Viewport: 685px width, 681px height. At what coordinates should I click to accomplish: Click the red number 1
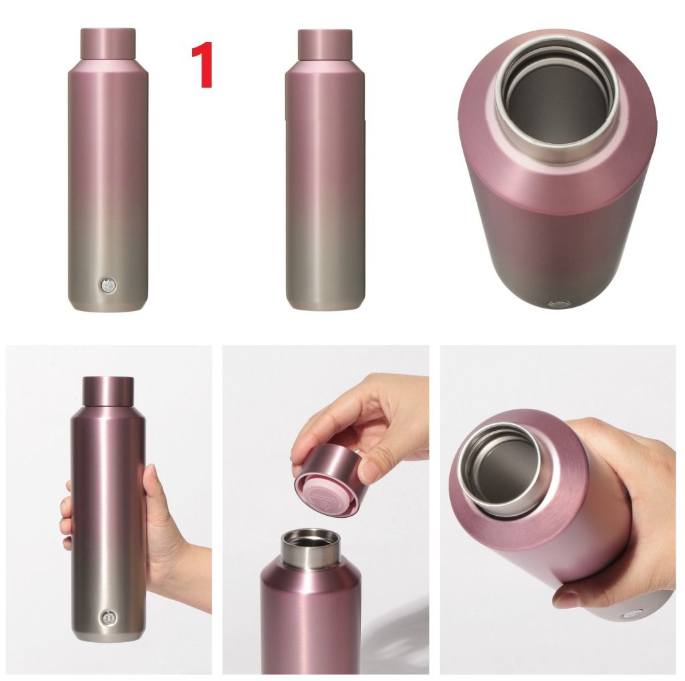pyautogui.click(x=202, y=65)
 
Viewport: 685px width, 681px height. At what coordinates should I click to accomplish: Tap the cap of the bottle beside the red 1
pyautogui.click(x=108, y=43)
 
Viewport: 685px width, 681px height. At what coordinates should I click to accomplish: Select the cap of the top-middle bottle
pyautogui.click(x=325, y=43)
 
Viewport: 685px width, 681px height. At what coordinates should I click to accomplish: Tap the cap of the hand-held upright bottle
pyautogui.click(x=108, y=391)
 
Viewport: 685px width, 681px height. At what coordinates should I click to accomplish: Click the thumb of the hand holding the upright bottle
pyautogui.click(x=151, y=484)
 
